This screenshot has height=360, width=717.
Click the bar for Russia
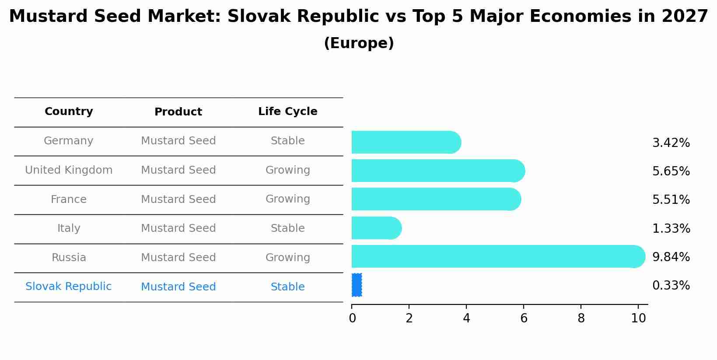[x=498, y=256]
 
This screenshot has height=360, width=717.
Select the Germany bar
[x=406, y=142]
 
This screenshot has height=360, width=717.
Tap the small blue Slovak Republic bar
[x=357, y=285]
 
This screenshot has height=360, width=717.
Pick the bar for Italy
[x=376, y=228]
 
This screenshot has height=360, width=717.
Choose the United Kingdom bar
[x=438, y=171]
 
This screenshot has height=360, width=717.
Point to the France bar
[x=436, y=199]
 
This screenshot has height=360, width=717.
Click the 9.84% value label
[x=671, y=257]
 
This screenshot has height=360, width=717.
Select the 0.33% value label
[x=671, y=286]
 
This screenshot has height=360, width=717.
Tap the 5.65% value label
[x=671, y=171]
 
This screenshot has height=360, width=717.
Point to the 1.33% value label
[x=671, y=228]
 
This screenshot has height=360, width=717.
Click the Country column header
[x=69, y=112]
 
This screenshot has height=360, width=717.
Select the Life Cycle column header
[x=287, y=112]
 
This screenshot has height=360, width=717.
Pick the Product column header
[x=178, y=112]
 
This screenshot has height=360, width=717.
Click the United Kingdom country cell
[x=69, y=170]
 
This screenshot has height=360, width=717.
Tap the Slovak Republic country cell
[x=69, y=287]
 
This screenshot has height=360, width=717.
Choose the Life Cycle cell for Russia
[x=287, y=258]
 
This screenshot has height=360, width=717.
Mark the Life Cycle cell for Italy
[x=287, y=228]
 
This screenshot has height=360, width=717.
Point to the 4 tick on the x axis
[x=466, y=318]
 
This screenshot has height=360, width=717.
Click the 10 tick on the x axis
[x=638, y=318]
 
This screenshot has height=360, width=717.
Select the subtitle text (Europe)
[x=359, y=43]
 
